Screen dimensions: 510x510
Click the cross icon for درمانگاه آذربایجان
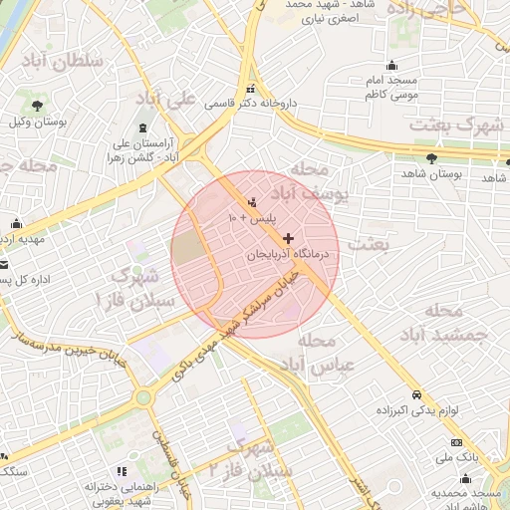pos(289,239)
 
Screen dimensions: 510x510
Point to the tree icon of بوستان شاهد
pos(431,158)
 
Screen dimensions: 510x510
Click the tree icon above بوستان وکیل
pos(36,106)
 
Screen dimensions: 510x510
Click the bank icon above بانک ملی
pos(456,442)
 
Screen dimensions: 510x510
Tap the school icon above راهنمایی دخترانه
pos(122,471)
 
